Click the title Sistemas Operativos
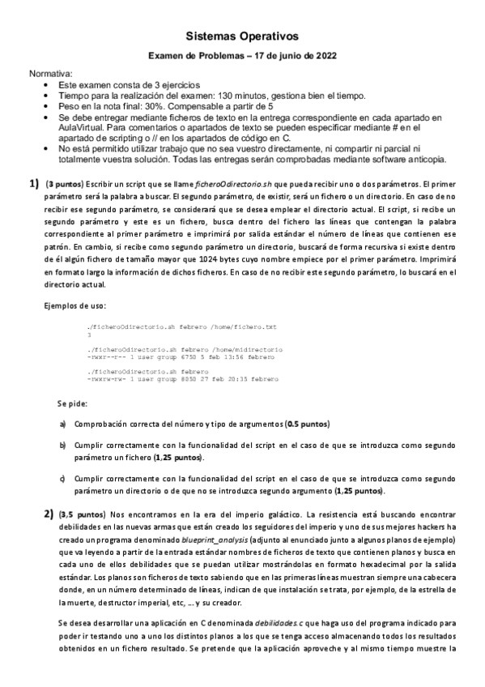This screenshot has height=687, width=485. coord(242,36)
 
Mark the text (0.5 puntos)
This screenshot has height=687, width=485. coord(308,424)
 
